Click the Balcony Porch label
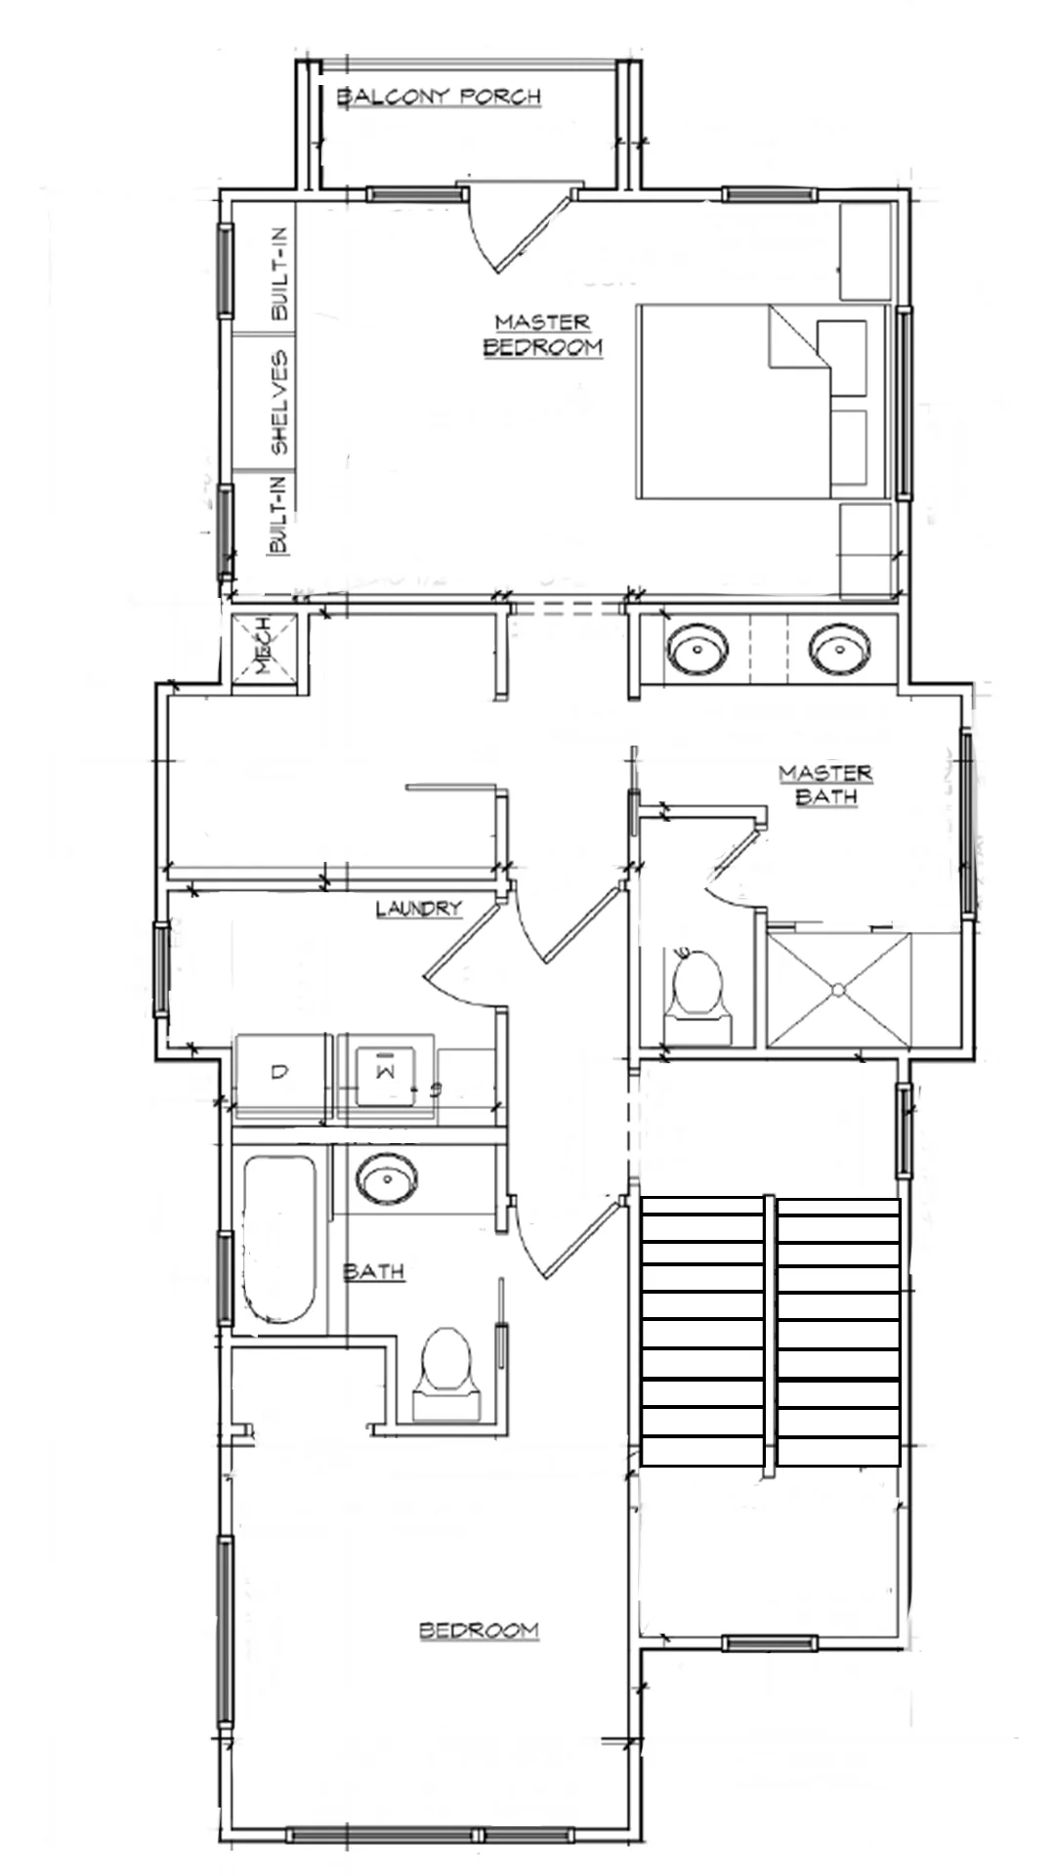439,96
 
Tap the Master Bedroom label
542,334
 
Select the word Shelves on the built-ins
280,403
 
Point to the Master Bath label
825,785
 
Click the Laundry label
418,909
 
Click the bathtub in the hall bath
279,1239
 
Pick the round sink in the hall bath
387,1178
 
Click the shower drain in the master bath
837,990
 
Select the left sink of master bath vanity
696,648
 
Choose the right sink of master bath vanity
840,648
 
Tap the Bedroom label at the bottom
479,1630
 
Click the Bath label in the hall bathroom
373,1271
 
